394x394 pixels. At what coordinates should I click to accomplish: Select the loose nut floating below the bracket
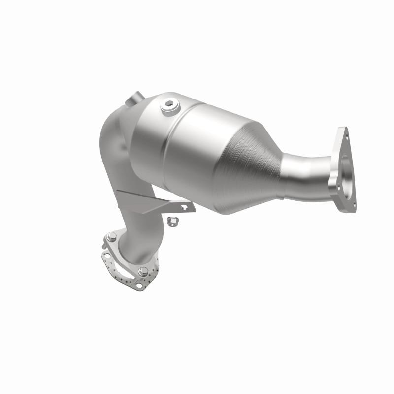point(173,219)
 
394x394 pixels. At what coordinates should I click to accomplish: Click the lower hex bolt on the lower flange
point(142,270)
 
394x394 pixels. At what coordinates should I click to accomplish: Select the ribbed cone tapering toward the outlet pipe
point(256,158)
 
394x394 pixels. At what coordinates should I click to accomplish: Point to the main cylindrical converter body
point(197,143)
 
